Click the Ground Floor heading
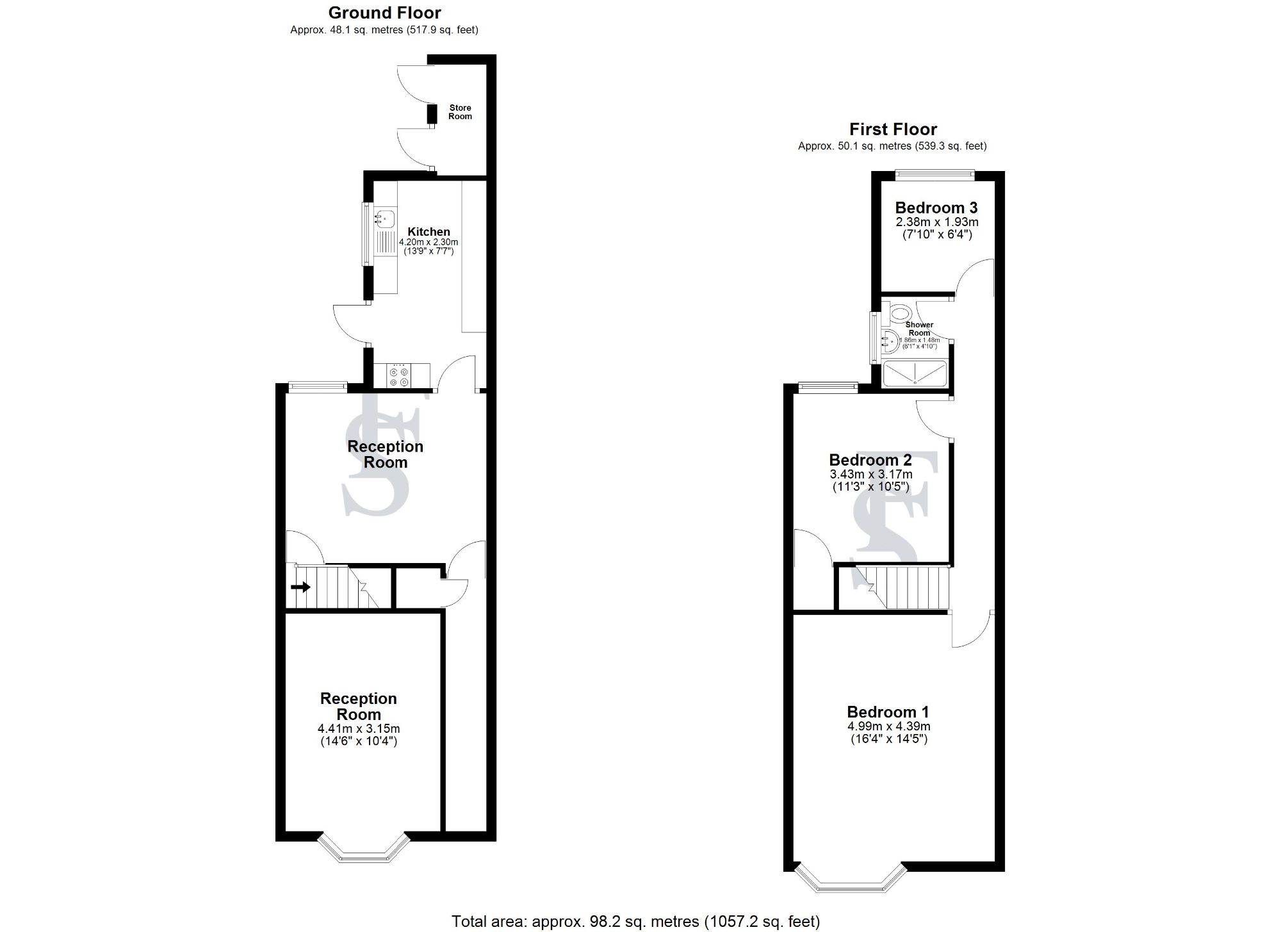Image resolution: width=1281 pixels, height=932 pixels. [x=384, y=13]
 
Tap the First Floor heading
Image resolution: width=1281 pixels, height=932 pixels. [x=893, y=129]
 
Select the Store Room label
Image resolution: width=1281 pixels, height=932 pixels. [x=460, y=112]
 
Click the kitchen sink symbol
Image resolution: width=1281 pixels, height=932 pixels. [x=385, y=218]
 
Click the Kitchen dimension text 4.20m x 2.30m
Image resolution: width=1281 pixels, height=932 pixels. [x=428, y=243]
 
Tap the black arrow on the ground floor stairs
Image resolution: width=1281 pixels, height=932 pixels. [x=300, y=587]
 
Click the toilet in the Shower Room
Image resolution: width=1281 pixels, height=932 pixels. [x=901, y=313]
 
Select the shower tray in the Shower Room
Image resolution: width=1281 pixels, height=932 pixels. [x=915, y=374]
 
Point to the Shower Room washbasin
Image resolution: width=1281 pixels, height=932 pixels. [x=890, y=341]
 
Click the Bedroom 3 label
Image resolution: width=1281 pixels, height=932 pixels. [x=936, y=208]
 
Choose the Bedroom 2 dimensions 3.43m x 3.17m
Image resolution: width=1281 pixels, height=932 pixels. [x=870, y=475]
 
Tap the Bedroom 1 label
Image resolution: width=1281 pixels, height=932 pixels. [x=888, y=712]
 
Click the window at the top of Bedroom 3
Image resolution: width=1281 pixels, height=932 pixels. [x=934, y=172]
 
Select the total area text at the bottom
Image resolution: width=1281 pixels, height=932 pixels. [x=635, y=921]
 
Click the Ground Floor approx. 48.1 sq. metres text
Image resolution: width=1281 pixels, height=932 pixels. [x=384, y=30]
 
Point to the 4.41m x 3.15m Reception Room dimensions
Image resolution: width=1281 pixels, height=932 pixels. [x=358, y=729]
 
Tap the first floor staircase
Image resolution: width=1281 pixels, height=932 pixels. [x=903, y=587]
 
